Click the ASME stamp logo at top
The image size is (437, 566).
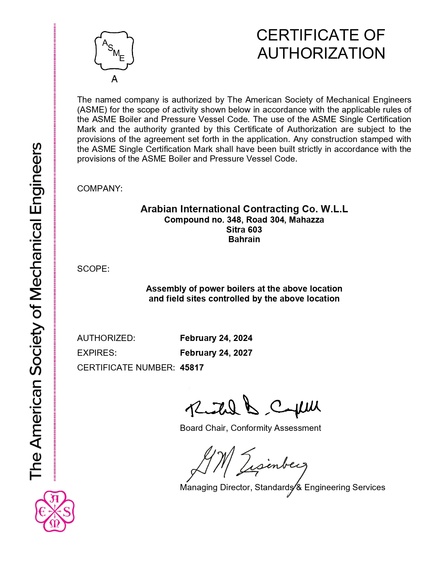114,51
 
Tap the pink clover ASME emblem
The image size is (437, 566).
55,511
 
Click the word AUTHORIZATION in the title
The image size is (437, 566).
321,54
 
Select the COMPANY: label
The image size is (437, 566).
100,189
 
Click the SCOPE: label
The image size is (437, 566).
93,269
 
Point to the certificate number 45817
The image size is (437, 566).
192,368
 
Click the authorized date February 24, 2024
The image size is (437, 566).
216,338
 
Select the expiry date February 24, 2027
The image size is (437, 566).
216,353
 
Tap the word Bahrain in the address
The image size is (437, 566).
244,239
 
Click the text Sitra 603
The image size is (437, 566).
244,230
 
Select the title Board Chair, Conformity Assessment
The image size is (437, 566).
250,428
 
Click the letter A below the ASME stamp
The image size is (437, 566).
114,80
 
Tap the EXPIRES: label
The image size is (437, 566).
97,353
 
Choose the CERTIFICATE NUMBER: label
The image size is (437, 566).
126,368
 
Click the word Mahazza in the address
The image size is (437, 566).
306,220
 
